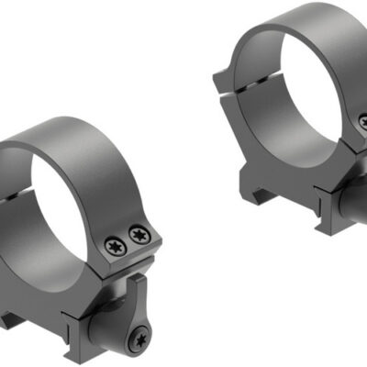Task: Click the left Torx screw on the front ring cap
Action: click(x=115, y=245)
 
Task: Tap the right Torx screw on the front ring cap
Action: click(x=139, y=234)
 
